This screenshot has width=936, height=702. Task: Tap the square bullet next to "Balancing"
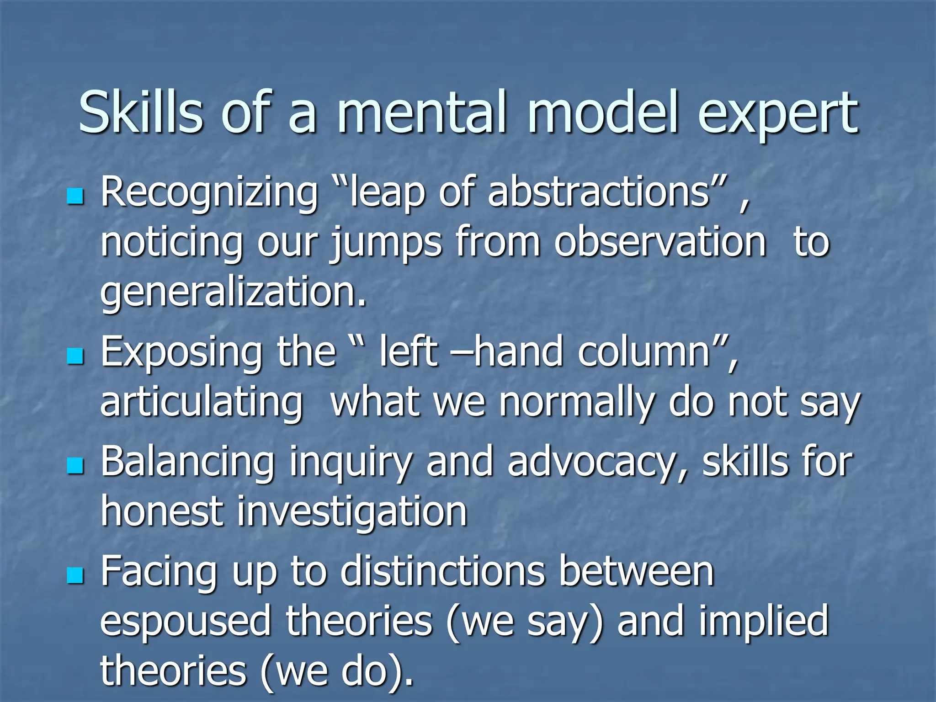[75, 466]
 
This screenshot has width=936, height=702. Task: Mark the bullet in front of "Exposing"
[75, 356]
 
